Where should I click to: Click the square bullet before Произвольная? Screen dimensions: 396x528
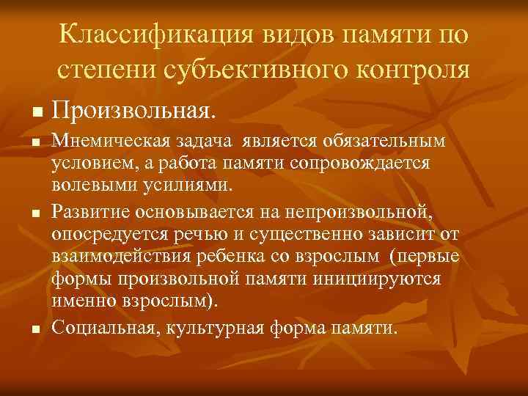(34, 114)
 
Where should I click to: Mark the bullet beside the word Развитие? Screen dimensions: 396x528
(34, 213)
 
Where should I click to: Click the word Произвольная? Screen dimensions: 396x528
(134, 112)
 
